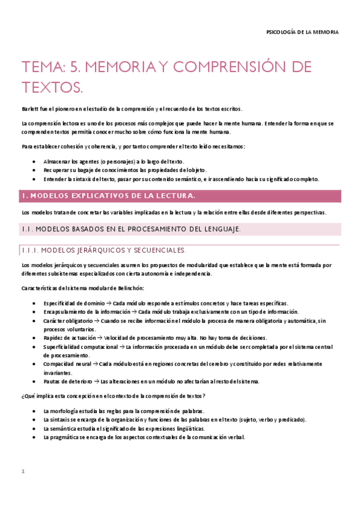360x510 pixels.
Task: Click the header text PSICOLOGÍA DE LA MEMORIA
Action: [302, 31]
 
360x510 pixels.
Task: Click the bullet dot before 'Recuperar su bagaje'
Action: [33, 170]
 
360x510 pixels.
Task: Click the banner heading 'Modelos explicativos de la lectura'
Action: [108, 195]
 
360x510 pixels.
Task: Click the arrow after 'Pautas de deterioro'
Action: [96, 381]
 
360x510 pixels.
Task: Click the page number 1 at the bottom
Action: [23, 472]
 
